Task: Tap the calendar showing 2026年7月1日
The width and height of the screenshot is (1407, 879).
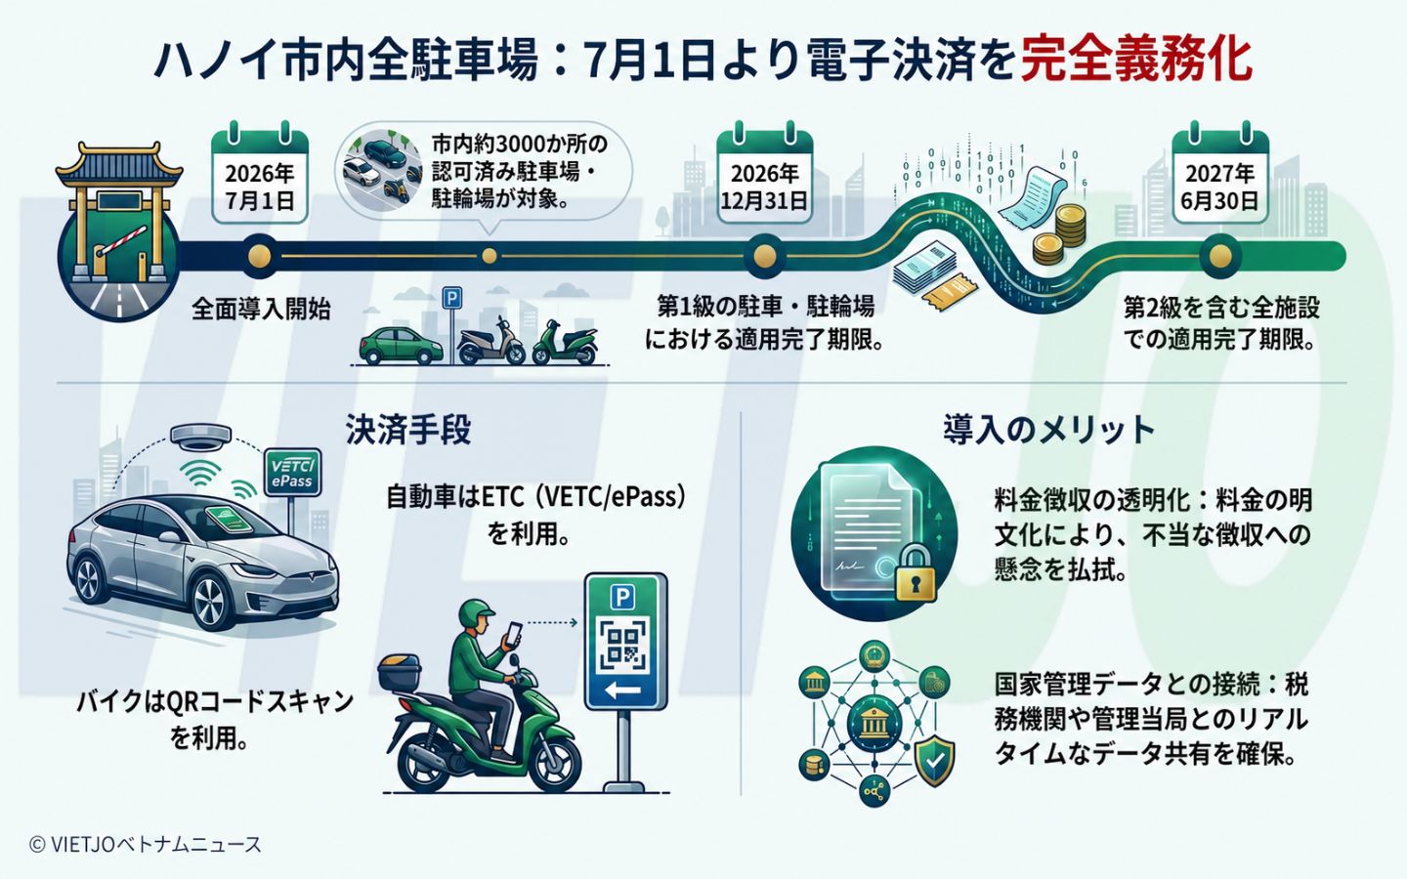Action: pyautogui.click(x=260, y=173)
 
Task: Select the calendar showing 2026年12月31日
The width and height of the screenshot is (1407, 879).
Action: pyautogui.click(x=764, y=173)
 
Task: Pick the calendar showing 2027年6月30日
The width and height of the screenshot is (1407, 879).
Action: pyautogui.click(x=1219, y=173)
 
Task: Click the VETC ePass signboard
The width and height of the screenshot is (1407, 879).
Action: pyautogui.click(x=293, y=472)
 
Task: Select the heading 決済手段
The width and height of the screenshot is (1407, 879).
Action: pyautogui.click(x=408, y=432)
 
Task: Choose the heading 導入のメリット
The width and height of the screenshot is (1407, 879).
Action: pyautogui.click(x=1048, y=431)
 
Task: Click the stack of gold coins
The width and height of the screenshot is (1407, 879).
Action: pyautogui.click(x=1061, y=233)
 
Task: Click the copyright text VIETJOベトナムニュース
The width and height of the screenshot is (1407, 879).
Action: pyautogui.click(x=145, y=845)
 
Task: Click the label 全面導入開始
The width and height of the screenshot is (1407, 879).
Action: pyautogui.click(x=261, y=310)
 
